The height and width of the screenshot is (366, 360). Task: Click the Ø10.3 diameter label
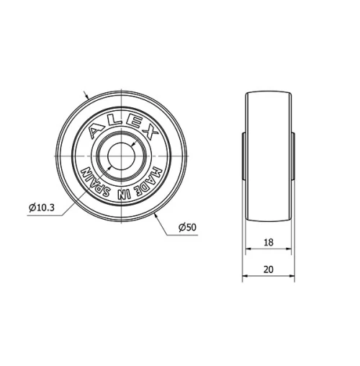pos(42,207)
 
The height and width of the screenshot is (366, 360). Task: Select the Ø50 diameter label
pos(187,227)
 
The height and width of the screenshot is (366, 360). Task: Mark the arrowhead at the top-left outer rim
pos(89,99)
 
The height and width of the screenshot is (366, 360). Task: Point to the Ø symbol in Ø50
pos(180,227)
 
